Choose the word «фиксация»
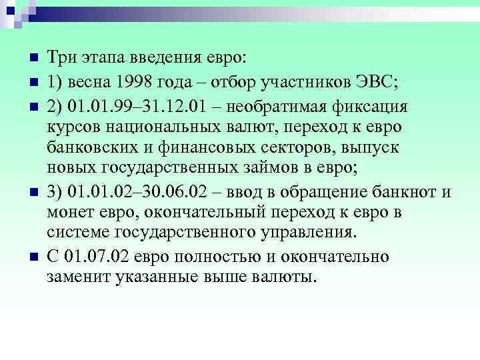click(381, 107)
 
